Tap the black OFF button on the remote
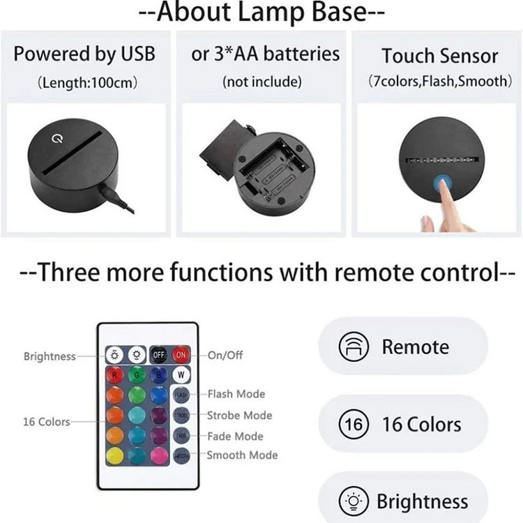pos(159,354)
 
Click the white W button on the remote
pos(181,375)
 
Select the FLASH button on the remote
pos(181,395)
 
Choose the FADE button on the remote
pos(181,437)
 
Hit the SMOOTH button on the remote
pos(181,457)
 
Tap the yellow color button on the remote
pos(115,457)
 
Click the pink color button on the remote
pos(159,457)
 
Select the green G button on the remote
pos(137,375)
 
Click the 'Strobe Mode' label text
pos(239,416)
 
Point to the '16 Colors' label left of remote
pos(47,422)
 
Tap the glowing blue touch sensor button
pos(443,186)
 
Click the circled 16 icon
pos(354,425)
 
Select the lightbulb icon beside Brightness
pos(353,502)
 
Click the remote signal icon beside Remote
pos(354,347)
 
